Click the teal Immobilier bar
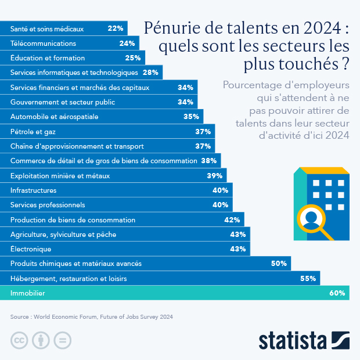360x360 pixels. click(174, 293)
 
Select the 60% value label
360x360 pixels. click(337, 293)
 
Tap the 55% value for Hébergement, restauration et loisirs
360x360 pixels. click(308, 279)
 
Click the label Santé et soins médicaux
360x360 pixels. click(47, 28)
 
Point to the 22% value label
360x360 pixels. click(115, 28)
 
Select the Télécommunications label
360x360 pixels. click(43, 43)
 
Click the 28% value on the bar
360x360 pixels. click(150, 73)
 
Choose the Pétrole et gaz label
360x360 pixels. click(29, 132)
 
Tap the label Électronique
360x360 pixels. click(31, 249)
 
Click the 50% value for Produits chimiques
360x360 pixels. click(279, 264)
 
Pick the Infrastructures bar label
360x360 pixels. click(34, 190)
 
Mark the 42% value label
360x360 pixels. click(232, 220)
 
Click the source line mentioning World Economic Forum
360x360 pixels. click(92, 317)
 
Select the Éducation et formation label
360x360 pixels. click(48, 58)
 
